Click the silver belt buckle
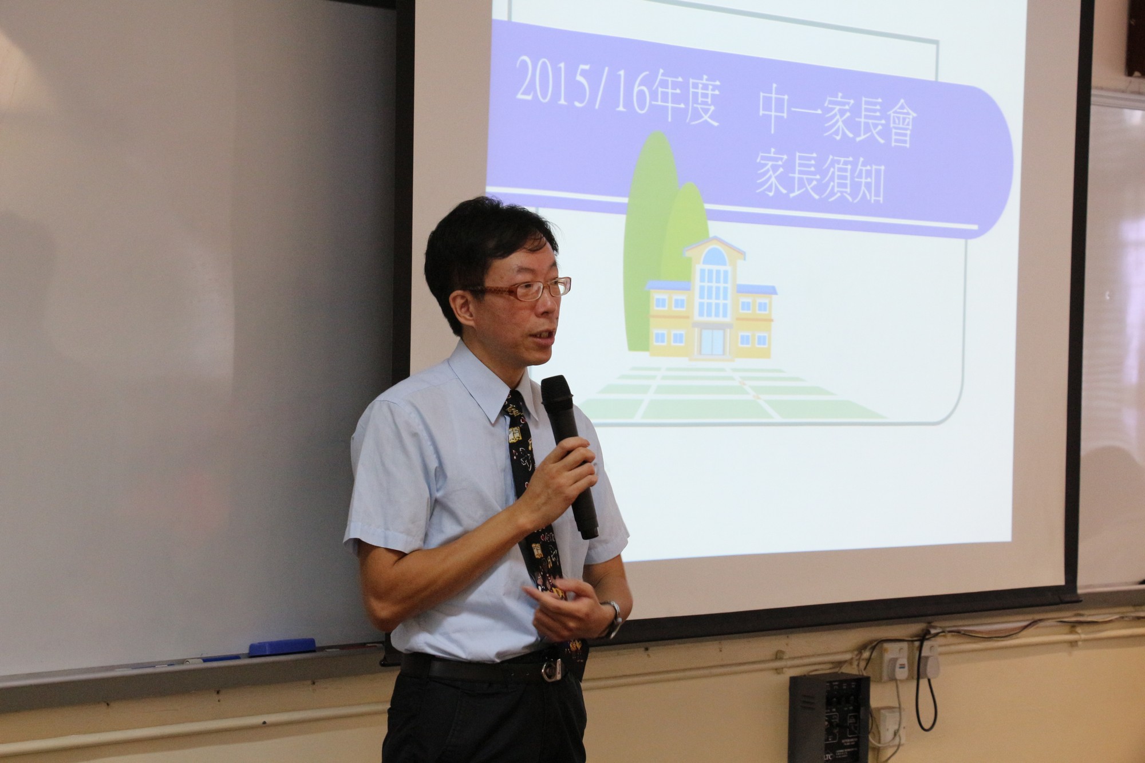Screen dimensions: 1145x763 point(552,670)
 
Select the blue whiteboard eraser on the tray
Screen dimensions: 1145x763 point(282,647)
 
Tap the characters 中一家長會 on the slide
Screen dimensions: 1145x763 point(838,122)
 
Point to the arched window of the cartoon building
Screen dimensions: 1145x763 point(714,256)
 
